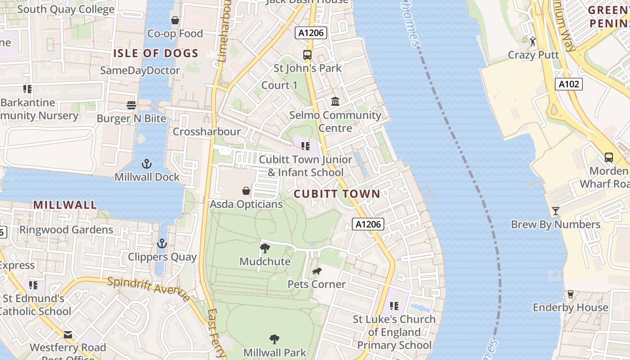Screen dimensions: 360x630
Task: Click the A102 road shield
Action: point(569,84)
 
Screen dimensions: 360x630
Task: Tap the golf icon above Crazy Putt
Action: point(533,41)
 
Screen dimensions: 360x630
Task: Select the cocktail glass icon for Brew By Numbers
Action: point(556,211)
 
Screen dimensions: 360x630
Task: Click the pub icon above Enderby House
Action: point(571,294)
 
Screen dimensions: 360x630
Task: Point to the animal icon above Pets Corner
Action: point(317,271)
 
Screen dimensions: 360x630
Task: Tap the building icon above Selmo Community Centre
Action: point(335,102)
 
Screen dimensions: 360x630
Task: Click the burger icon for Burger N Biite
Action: point(131,105)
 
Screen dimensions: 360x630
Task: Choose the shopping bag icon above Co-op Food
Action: point(175,20)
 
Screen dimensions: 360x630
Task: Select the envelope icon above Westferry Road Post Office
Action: point(68,334)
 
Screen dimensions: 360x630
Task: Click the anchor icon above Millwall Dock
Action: point(147,163)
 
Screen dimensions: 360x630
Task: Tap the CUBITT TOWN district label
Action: point(337,194)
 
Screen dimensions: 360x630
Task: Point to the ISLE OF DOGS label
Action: point(156,54)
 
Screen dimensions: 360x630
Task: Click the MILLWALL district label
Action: point(65,205)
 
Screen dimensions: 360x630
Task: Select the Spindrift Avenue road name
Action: point(149,289)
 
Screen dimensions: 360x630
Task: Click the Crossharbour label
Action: point(207,132)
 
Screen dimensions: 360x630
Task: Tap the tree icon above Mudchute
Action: point(265,248)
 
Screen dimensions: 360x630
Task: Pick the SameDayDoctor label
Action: point(140,71)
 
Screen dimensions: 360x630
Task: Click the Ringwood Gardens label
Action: point(66,229)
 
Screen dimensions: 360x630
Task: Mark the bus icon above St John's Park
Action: point(307,55)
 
